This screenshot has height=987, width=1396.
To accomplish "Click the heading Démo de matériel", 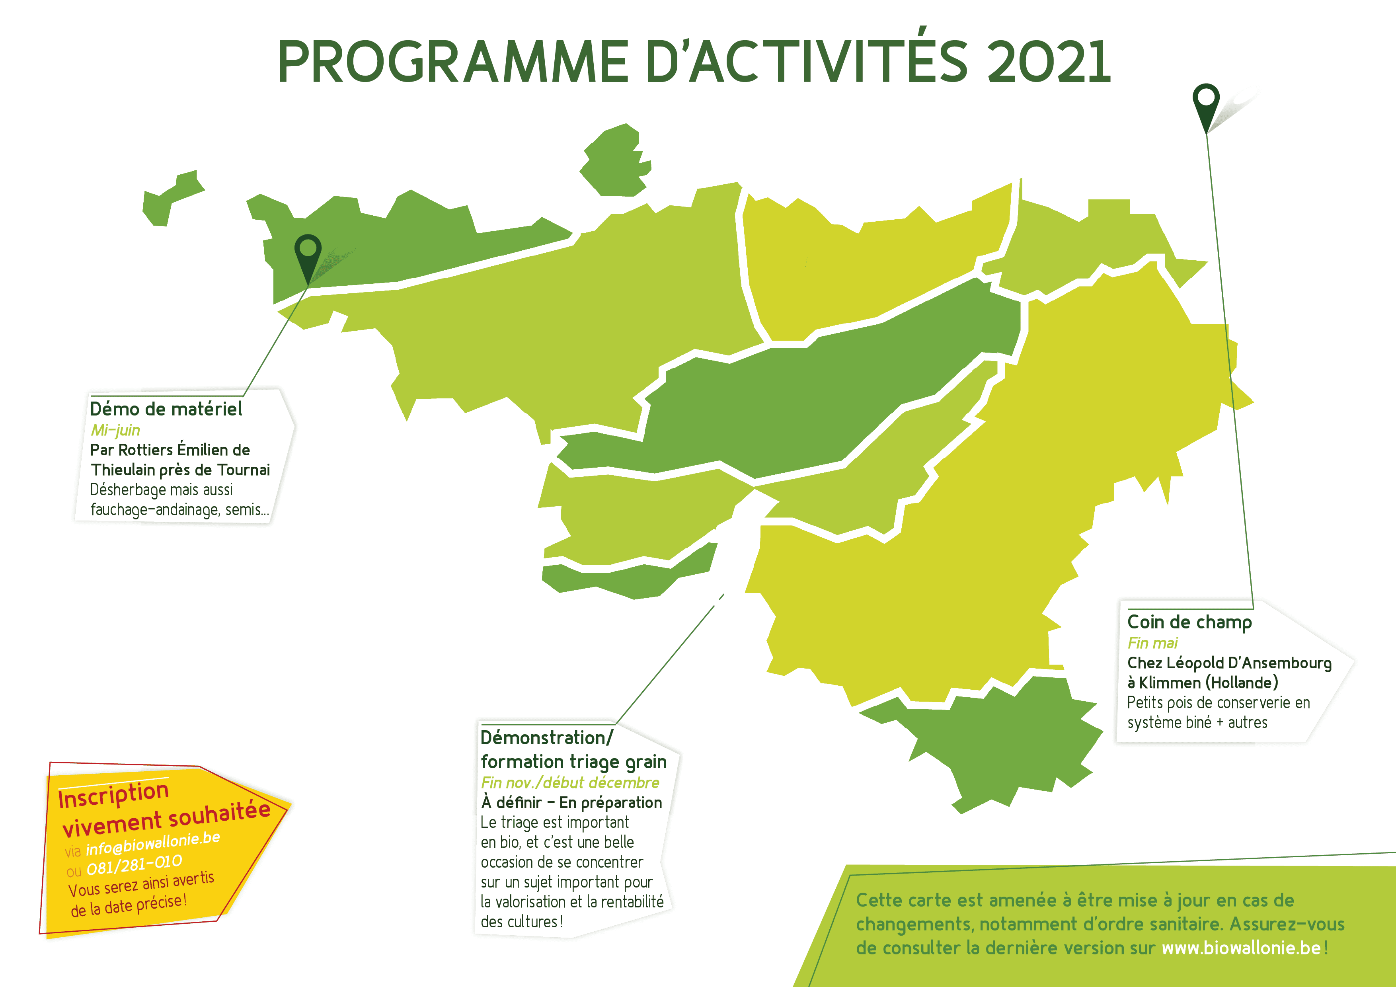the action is point(166,409).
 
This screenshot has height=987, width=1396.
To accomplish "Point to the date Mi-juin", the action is point(115,430).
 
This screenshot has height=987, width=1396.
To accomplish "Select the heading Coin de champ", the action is point(1189,622).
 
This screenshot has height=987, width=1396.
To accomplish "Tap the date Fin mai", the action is point(1152,643).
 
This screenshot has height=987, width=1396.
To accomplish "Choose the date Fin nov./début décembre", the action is point(570,783).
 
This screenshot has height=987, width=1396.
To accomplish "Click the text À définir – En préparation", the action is point(571,803).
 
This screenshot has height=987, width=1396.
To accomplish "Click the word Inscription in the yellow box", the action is point(114,795).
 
